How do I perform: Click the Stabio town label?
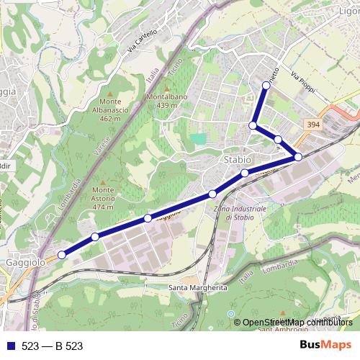coord(238,159)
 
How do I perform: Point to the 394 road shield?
coord(312,125)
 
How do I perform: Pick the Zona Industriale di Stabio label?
coord(240,212)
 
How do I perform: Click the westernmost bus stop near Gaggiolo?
coord(62,254)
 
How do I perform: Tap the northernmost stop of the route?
coord(266,85)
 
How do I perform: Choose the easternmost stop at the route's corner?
coord(299,156)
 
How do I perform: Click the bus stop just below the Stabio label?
coord(245,173)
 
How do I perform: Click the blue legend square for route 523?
coord(8,346)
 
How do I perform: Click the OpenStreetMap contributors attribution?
coord(297,323)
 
